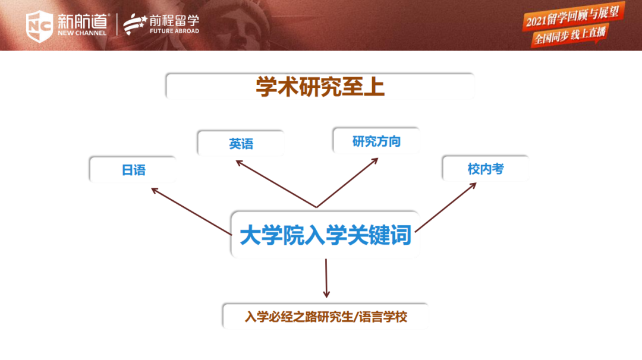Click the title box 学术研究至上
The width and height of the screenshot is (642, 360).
(x=320, y=86)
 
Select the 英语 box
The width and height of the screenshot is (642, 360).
(x=241, y=143)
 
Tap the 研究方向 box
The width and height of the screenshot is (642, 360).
(x=376, y=141)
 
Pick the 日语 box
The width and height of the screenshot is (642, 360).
(x=133, y=169)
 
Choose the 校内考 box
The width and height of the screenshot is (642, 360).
(x=486, y=168)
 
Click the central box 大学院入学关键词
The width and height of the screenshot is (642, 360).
(x=326, y=235)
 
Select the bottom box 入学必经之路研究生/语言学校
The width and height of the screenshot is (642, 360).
(x=326, y=316)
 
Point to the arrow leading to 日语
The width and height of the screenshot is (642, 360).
(x=191, y=211)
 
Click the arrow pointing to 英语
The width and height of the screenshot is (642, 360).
(x=276, y=184)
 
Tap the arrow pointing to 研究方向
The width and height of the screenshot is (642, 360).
(x=347, y=182)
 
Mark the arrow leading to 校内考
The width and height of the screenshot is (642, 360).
(x=446, y=207)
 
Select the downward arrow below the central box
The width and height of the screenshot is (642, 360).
(x=326, y=278)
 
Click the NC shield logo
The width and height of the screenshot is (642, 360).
(x=39, y=26)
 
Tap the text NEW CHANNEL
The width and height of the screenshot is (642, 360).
(x=82, y=33)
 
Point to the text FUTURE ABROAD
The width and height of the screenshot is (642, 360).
(x=174, y=31)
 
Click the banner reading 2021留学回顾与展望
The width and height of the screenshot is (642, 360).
(x=573, y=16)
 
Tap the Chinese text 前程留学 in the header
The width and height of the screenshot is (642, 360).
(x=174, y=20)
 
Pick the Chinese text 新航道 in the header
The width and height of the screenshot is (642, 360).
(x=82, y=20)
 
